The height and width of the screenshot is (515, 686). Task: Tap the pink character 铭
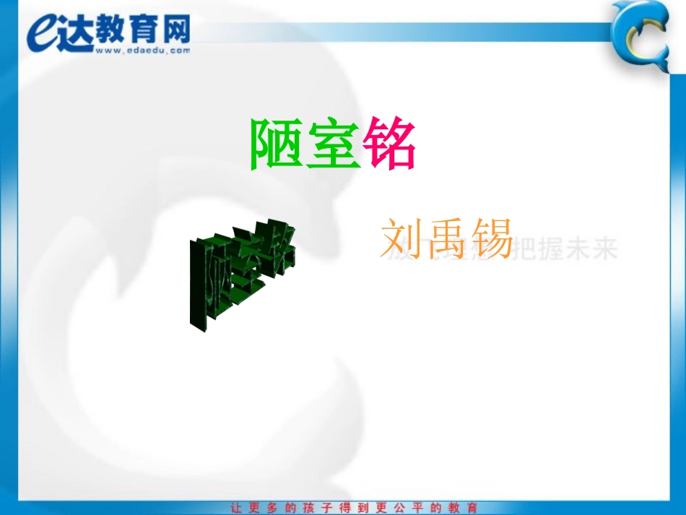[390, 145]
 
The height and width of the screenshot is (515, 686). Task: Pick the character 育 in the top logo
[142, 30]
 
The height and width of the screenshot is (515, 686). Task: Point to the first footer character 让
[235, 508]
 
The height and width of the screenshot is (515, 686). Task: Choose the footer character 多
[272, 508]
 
